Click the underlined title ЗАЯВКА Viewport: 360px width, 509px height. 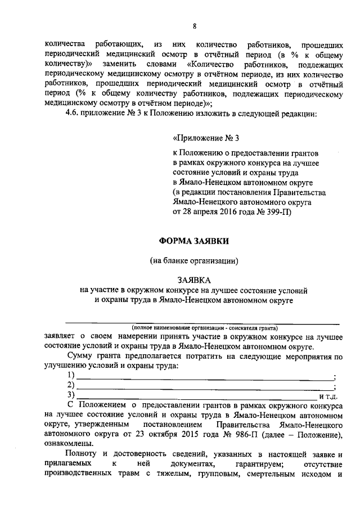click(x=194, y=280)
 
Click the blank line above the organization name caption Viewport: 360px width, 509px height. click(x=202, y=322)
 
